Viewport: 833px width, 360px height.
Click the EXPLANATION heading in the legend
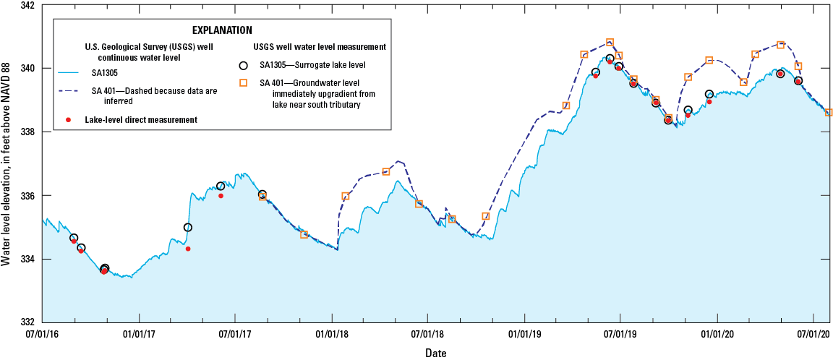[222, 30]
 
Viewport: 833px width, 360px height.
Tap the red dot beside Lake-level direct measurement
[69, 119]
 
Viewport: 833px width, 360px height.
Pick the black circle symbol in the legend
[243, 65]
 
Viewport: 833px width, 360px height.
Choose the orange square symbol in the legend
[243, 83]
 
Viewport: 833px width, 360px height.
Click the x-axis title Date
[435, 353]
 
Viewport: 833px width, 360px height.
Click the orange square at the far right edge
[829, 113]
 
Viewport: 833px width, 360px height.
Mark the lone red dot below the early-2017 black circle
[188, 249]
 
